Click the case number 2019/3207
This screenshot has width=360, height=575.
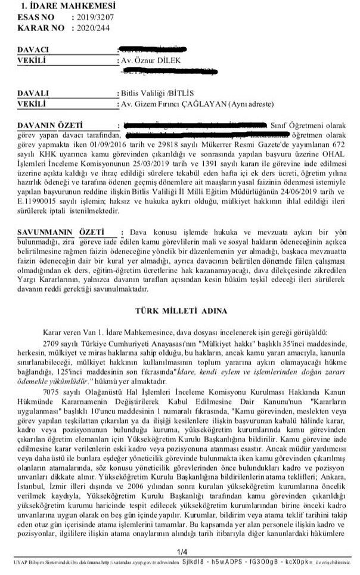[x=93, y=18]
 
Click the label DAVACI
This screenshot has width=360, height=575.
[x=33, y=50]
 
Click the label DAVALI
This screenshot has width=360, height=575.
[x=33, y=94]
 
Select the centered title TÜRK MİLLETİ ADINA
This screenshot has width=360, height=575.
[x=181, y=311]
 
